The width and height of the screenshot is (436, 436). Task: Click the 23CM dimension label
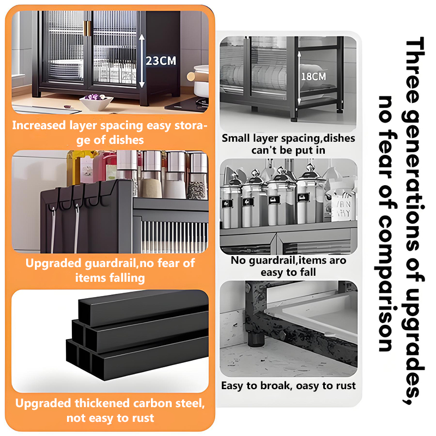[x=161, y=60]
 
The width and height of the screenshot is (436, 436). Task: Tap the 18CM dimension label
[x=314, y=76]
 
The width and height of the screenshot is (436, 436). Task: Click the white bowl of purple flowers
[x=96, y=101]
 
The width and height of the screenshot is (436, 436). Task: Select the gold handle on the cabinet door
[x=88, y=28]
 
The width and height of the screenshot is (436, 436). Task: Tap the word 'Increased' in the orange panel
[x=39, y=125]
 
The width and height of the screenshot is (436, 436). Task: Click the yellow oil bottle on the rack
[x=74, y=167]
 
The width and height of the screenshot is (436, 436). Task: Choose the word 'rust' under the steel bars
[x=143, y=418]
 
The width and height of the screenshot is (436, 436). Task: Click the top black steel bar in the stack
[x=143, y=308]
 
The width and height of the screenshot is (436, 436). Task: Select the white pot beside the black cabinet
[x=201, y=81]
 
